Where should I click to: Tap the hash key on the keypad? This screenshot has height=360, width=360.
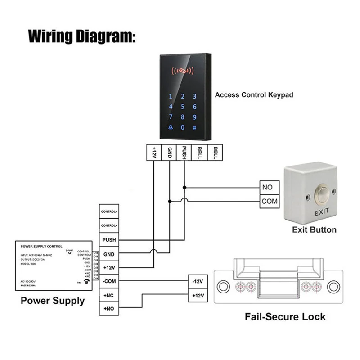pos(195,127)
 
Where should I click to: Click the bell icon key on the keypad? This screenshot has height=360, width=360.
pos(170,127)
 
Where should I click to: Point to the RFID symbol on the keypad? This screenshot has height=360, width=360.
pos(182,71)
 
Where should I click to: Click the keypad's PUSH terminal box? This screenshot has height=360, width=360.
pos(184,152)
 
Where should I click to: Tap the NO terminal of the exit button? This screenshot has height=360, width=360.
pos(270,187)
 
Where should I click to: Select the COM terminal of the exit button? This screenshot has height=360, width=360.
pos(270,202)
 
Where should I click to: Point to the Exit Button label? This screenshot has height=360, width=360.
pos(314,229)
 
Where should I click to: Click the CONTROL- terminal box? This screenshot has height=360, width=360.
pos(109,211)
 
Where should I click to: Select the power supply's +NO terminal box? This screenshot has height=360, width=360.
pos(109,309)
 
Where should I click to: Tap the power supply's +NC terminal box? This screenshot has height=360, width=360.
pos(109,295)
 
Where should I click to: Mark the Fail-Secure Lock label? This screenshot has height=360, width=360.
pos(285,317)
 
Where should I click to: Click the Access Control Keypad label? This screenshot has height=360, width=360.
pos(254,95)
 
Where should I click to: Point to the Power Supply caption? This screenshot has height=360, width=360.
pos(53,301)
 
